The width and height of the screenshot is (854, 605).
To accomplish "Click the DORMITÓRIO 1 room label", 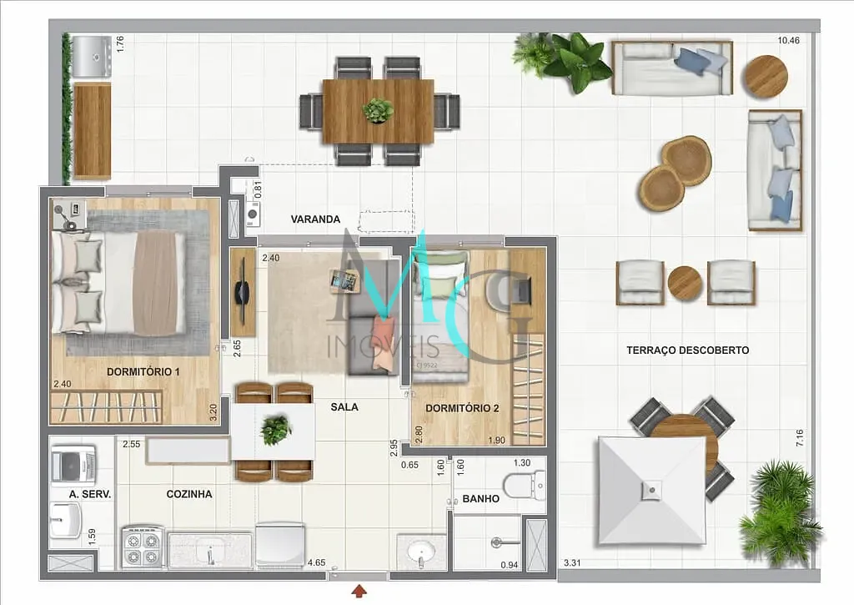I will tap(143, 371).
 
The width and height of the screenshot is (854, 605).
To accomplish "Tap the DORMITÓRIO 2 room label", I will tap(462, 408).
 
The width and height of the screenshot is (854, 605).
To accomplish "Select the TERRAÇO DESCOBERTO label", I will tap(687, 350).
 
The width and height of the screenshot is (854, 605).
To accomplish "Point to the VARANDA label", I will tap(315, 219).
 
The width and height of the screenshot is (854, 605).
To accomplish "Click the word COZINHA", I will tap(188, 494).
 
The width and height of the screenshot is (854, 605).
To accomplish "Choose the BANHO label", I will tap(480, 499).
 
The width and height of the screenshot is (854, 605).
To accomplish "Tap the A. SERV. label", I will tap(90, 494).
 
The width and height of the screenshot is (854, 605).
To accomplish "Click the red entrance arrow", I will tap(359, 592).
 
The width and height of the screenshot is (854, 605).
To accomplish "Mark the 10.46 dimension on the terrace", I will tap(788, 40).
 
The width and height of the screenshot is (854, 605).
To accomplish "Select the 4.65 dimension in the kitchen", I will tap(316, 563).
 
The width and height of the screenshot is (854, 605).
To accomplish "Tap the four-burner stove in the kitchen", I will tap(141, 547).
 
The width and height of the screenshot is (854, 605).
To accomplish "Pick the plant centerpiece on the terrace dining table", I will tap(378, 110).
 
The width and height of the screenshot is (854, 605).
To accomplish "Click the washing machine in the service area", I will tap(73, 464).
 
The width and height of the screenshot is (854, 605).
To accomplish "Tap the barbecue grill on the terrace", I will tap(91, 56).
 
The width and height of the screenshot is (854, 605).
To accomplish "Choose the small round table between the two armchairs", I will tap(685, 283).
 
